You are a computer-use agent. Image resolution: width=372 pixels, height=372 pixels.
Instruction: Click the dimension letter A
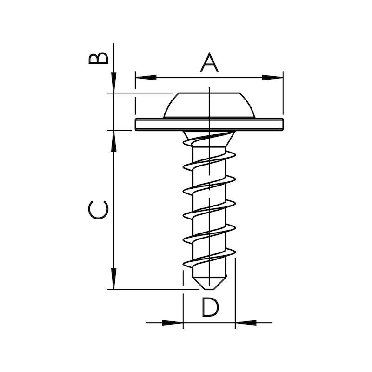tap(209, 63)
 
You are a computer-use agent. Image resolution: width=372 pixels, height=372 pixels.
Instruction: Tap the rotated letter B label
tap(99, 58)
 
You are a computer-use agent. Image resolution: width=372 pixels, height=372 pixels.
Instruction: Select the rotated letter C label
tap(99, 210)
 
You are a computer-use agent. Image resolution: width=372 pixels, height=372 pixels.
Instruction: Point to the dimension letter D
tap(210, 307)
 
